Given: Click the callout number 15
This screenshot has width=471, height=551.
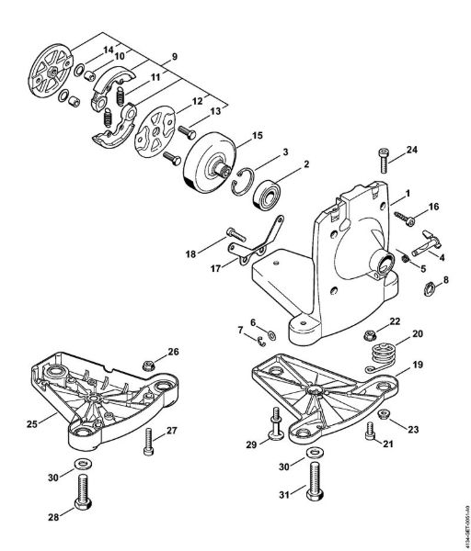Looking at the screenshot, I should [257, 135].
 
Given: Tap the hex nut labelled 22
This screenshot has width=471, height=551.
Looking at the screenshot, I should [369, 326].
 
